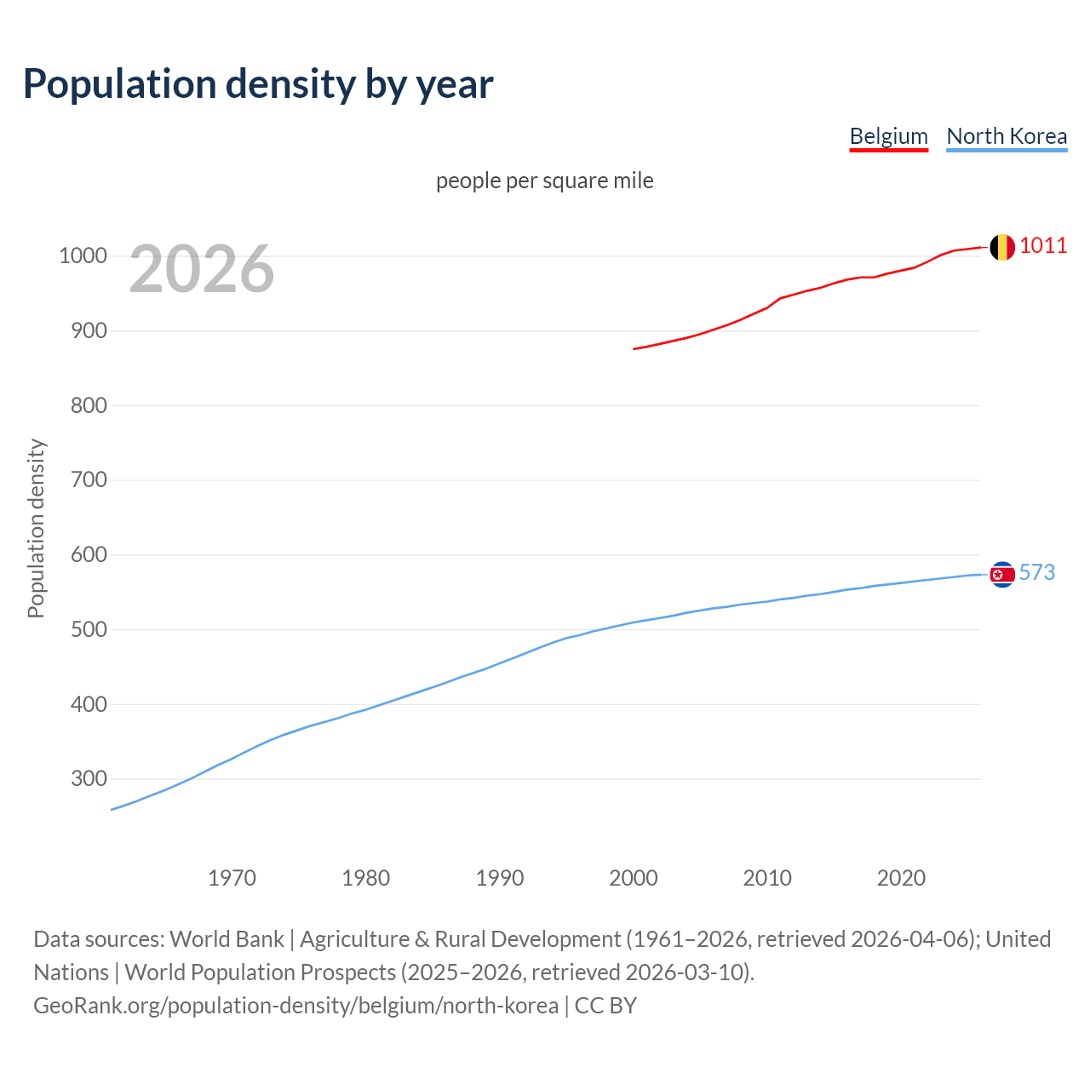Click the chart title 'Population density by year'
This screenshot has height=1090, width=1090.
coord(258,84)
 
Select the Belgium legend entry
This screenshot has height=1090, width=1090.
coord(888,136)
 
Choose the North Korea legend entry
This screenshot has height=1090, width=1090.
coord(1007,136)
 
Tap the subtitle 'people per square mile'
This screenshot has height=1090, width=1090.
coord(544,181)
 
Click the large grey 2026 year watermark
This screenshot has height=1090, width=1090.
coord(202,269)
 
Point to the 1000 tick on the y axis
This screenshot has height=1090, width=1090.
coord(83,256)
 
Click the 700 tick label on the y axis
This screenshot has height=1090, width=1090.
coord(89,480)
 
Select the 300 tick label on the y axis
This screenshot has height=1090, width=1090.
coord(89,779)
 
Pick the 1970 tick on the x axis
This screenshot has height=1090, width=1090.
coord(232,878)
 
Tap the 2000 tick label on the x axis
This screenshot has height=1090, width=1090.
coord(633,878)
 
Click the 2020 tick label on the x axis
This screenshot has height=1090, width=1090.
coord(901,878)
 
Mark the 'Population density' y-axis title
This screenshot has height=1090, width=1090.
coord(36,528)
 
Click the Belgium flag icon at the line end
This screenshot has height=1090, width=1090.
coord(1002,247)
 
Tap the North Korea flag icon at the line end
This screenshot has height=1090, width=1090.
coord(1002,575)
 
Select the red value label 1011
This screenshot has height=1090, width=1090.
coord(1043,246)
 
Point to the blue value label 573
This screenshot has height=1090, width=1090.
coord(1036,572)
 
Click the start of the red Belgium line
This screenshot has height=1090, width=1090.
coord(634,348)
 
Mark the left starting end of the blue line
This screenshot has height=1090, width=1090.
coord(112,809)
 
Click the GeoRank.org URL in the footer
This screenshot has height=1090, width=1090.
coord(295,1006)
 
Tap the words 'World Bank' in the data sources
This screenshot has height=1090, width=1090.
coord(227,939)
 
